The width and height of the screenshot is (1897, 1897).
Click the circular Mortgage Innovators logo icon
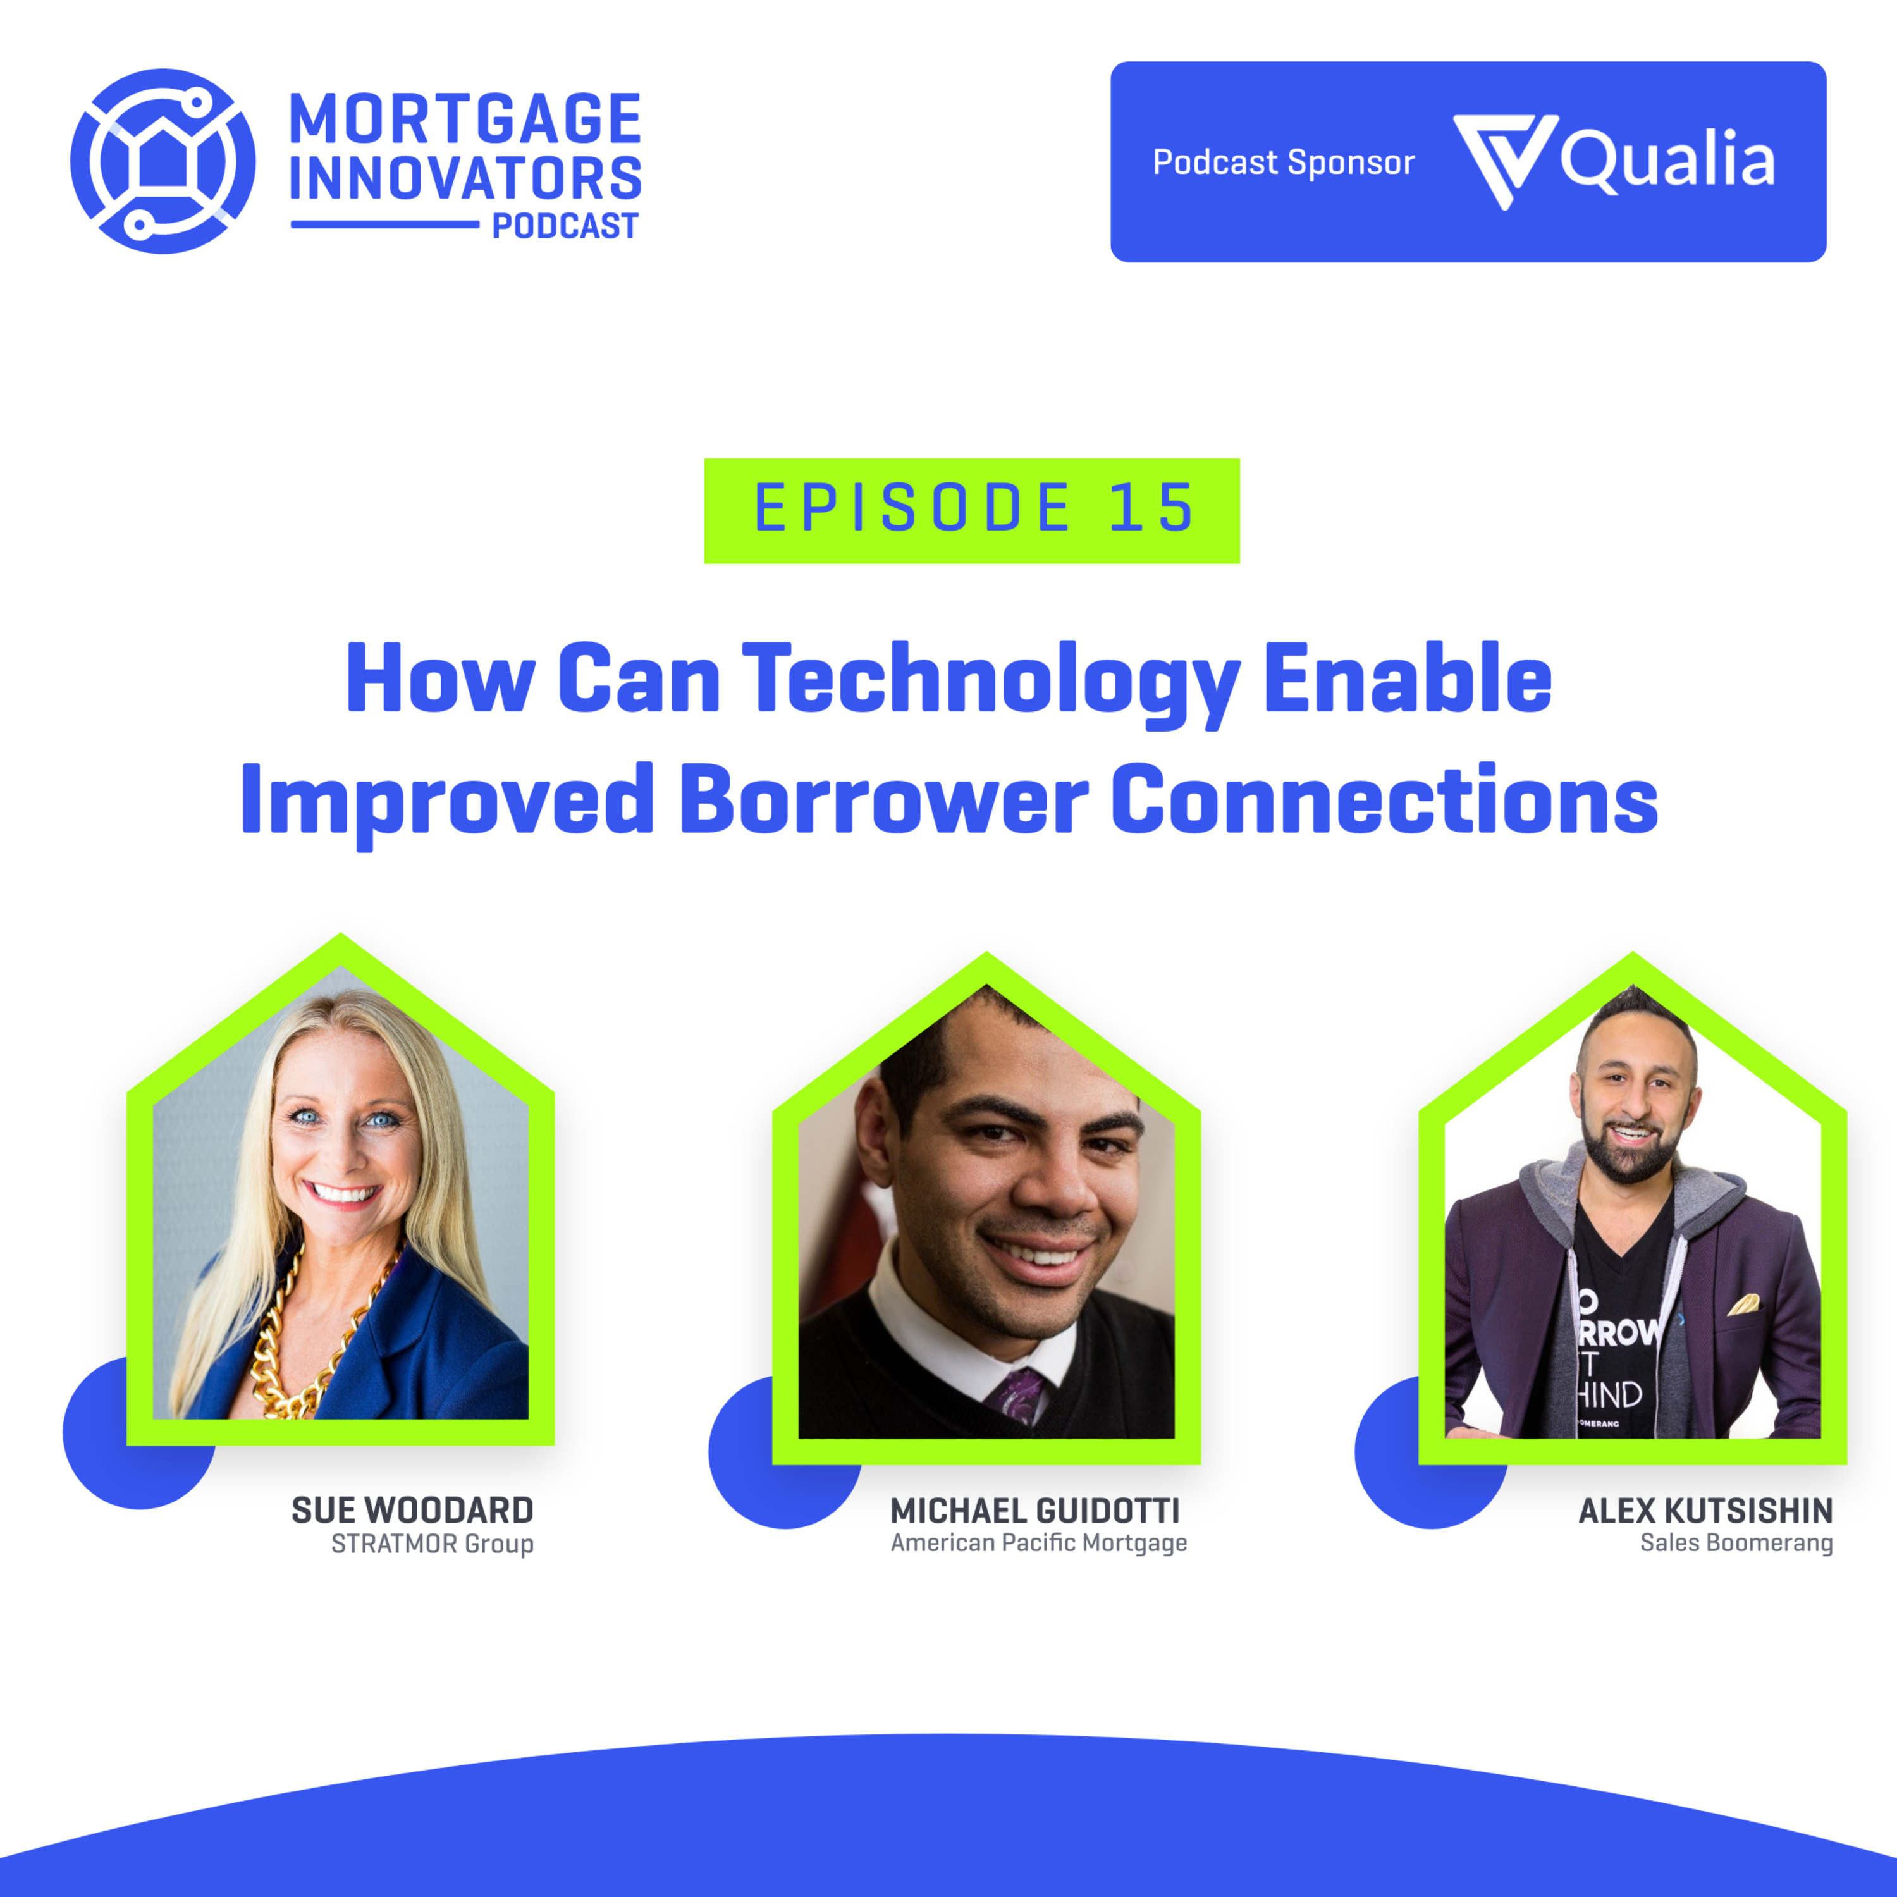tap(163, 161)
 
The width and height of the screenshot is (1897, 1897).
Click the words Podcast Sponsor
tap(1284, 162)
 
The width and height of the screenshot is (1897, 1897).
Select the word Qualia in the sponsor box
tap(1668, 160)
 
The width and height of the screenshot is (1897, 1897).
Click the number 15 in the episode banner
tap(1151, 508)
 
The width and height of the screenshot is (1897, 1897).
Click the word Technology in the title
tap(991, 682)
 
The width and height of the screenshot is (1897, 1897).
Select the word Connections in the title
tap(1384, 801)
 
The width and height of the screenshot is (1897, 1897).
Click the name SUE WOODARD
tap(412, 1510)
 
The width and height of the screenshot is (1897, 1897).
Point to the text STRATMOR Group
tap(432, 1545)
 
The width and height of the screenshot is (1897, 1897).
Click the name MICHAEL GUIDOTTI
tap(1035, 1510)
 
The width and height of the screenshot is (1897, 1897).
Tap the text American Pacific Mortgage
tap(1039, 1544)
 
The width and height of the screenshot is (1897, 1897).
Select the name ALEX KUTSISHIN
tap(1705, 1510)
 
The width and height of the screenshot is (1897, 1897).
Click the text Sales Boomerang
tap(1736, 1544)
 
